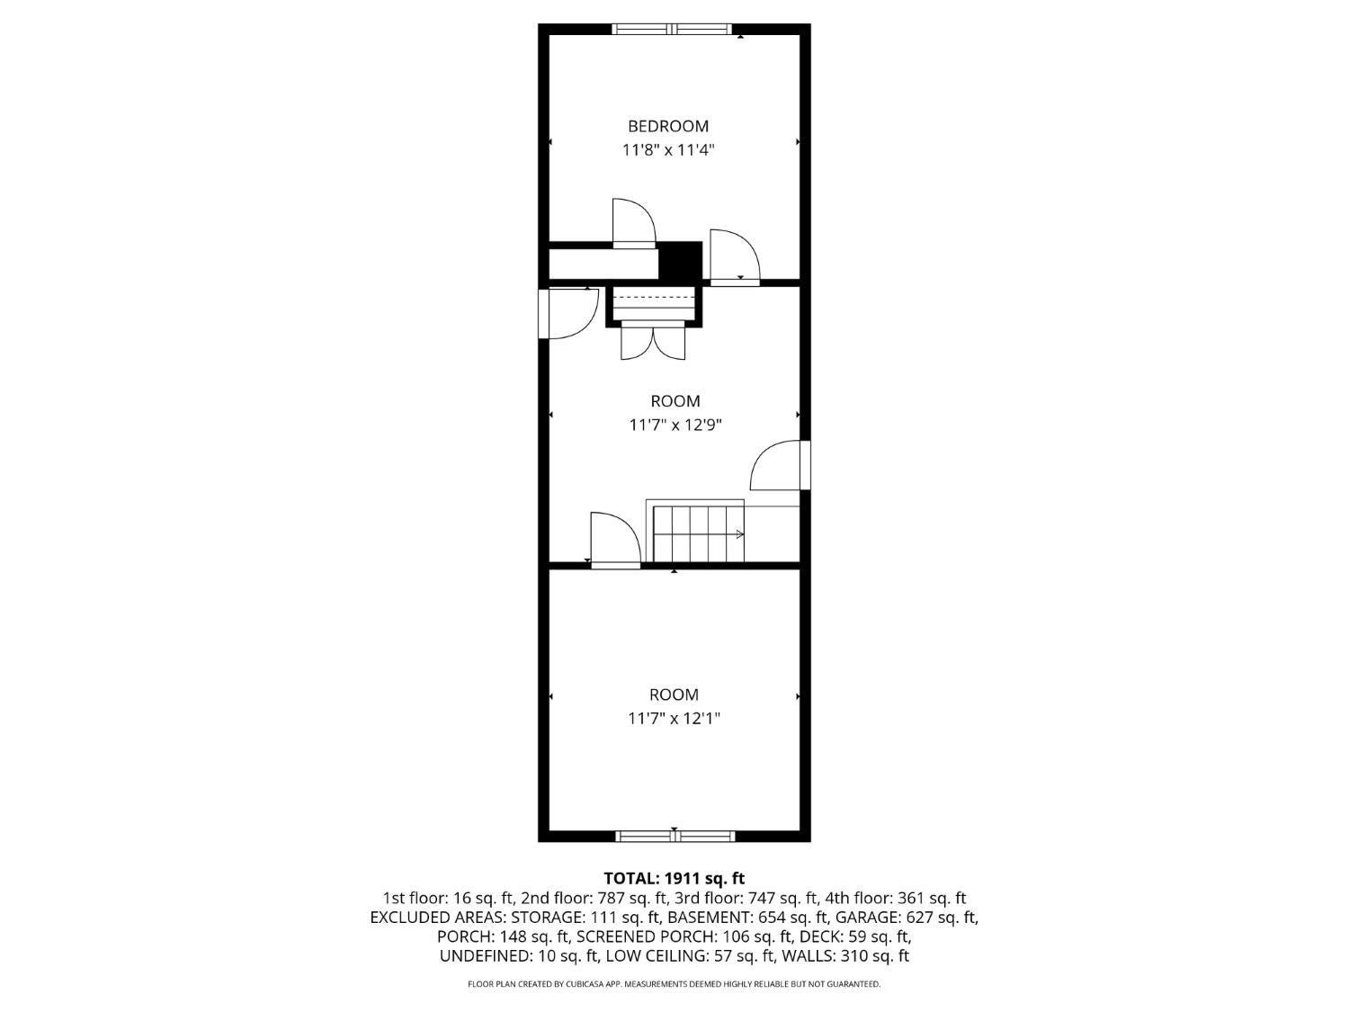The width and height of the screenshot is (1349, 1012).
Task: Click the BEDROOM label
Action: tap(668, 127)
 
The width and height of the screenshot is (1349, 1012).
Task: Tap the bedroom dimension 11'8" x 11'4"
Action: tap(668, 150)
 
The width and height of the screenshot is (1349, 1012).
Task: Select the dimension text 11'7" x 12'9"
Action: tap(674, 425)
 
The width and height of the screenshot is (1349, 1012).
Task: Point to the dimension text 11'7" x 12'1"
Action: tap(674, 718)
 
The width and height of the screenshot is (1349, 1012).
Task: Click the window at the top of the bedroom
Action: tap(672, 29)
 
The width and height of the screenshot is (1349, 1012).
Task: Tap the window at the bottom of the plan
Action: tap(674, 837)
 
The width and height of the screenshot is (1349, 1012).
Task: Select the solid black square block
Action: tap(680, 261)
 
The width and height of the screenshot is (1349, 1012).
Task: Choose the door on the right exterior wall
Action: tap(780, 465)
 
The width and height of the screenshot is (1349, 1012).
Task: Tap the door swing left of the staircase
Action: tap(615, 540)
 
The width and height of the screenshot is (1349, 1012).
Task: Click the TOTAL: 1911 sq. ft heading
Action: tap(674, 878)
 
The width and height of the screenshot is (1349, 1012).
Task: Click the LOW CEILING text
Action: tap(657, 956)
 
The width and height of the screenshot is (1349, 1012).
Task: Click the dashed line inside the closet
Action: tap(654, 297)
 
